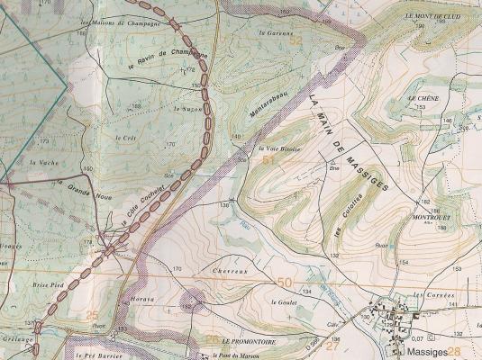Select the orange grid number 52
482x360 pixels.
(x=296, y=40)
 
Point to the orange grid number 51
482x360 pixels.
(x=268, y=159)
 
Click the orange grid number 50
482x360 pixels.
(x=286, y=283)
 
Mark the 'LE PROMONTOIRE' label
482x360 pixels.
(x=247, y=343)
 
